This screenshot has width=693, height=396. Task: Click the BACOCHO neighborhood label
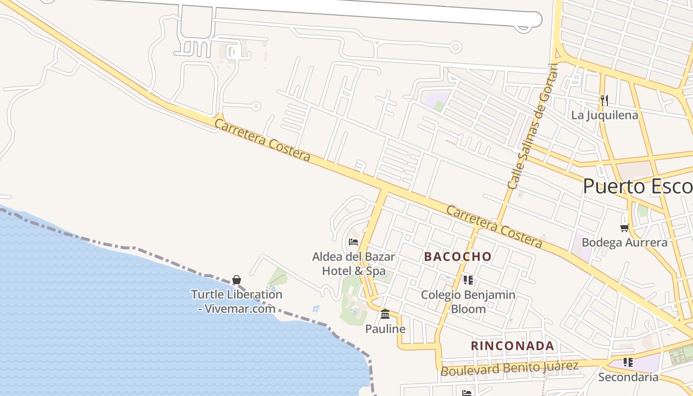tap(458, 256)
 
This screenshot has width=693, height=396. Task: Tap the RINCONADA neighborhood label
tap(512, 346)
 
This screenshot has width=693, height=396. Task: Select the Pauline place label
tap(385, 329)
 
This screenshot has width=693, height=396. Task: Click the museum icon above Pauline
tap(385, 314)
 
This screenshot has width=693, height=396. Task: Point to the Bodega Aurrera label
tap(624, 243)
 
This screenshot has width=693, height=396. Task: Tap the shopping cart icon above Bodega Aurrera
tap(624, 228)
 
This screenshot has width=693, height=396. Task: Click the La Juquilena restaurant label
tap(604, 115)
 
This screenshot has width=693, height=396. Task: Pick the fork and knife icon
tap(604, 100)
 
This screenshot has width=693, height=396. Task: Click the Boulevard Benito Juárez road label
tap(509, 368)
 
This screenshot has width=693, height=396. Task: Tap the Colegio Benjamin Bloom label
tap(468, 302)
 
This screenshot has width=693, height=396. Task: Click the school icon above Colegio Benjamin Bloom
tap(468, 280)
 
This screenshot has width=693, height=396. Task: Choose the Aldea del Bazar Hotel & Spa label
tap(353, 264)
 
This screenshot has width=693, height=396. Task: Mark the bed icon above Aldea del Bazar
tap(353, 242)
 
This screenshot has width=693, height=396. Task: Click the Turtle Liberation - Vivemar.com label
tap(237, 301)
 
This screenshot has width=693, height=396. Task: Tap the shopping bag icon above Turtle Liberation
tap(237, 280)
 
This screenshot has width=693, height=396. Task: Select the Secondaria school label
tap(628, 377)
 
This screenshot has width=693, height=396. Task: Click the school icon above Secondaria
tap(628, 362)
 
